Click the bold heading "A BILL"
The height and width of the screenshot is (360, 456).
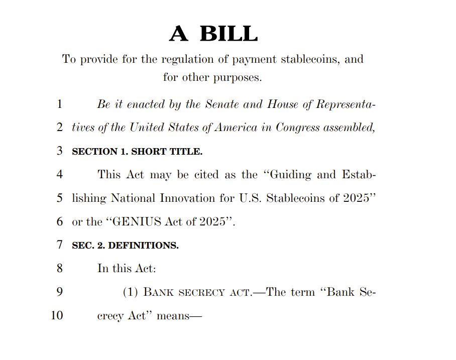click(213, 34)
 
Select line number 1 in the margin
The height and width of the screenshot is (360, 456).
click(60, 104)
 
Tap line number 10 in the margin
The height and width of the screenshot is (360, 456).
click(57, 316)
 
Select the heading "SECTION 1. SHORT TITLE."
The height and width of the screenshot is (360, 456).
click(137, 152)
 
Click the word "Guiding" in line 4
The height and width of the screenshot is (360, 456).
click(291, 175)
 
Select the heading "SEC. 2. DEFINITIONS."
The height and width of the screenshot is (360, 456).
click(125, 246)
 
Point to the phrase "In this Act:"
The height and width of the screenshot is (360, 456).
click(127, 269)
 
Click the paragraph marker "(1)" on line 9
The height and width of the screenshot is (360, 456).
click(131, 292)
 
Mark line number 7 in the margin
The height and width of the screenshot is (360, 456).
click(60, 245)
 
